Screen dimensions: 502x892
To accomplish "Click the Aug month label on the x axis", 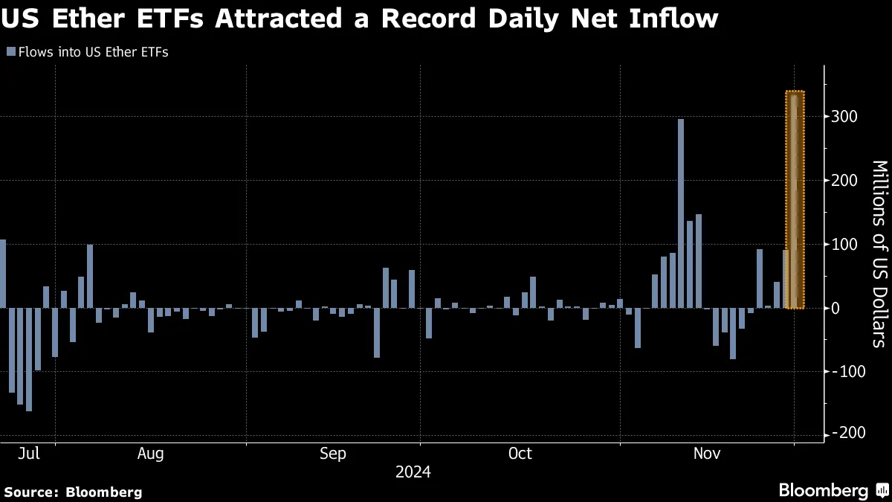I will click(150, 454).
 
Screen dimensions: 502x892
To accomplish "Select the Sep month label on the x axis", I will click(332, 454).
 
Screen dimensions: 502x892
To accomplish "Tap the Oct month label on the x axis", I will click(520, 454).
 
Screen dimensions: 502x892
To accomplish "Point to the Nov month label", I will click(707, 454).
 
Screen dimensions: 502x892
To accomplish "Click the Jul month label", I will click(28, 454).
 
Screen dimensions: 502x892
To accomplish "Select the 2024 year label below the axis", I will click(413, 472).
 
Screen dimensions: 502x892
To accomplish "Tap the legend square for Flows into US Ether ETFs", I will click(10, 52).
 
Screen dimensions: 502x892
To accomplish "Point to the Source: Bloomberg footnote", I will click(73, 492).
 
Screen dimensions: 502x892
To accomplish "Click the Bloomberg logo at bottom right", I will click(833, 491).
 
